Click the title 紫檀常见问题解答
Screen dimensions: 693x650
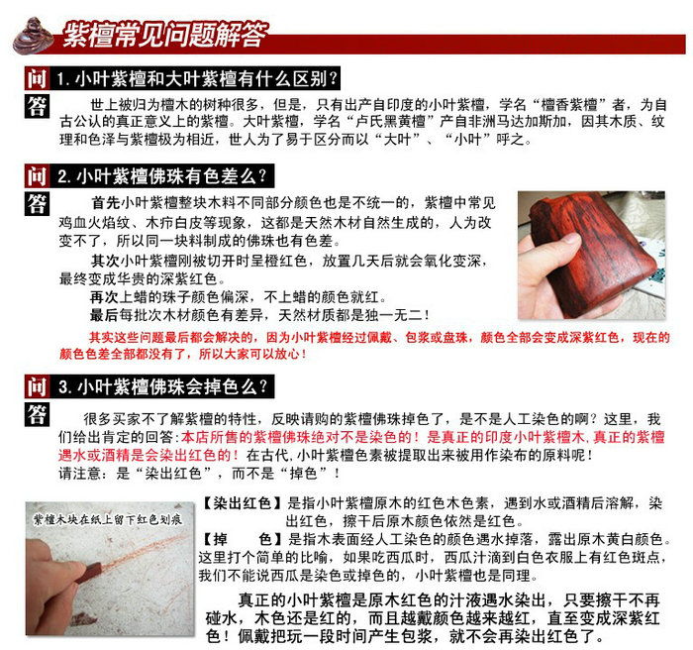point(165,35)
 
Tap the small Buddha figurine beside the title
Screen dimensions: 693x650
point(33,36)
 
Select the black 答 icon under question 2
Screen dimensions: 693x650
point(37,203)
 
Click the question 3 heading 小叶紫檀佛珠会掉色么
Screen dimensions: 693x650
point(172,387)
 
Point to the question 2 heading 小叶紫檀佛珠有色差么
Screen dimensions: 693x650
point(171,176)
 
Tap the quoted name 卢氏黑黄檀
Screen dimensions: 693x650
point(384,122)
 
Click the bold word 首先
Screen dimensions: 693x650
point(105,203)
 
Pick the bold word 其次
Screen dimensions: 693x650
point(105,261)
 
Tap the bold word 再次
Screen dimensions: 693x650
point(104,297)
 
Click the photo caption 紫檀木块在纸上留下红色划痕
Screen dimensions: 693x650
point(108,519)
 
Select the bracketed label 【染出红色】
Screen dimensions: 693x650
point(242,503)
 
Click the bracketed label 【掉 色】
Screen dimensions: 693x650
point(242,539)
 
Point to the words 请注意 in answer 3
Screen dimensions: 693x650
point(80,474)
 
